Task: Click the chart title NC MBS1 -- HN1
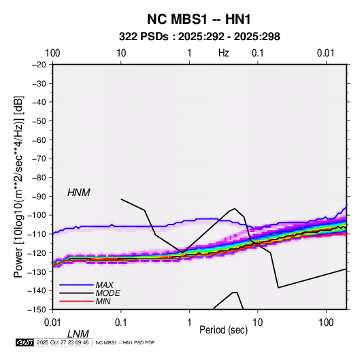click(199, 19)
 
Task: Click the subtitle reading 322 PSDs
click(144, 37)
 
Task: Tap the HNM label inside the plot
click(79, 193)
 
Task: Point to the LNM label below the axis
click(78, 334)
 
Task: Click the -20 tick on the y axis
click(39, 65)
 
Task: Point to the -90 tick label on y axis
click(39, 196)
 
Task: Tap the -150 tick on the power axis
click(37, 310)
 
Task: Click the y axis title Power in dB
click(18, 186)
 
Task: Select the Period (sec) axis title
click(224, 330)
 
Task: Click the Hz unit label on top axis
click(224, 53)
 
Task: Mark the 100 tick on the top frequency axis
click(52, 53)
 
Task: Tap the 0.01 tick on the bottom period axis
click(52, 323)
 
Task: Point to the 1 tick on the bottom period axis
click(189, 323)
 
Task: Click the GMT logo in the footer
click(24, 342)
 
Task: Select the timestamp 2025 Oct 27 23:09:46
click(63, 342)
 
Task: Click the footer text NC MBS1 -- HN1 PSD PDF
click(125, 342)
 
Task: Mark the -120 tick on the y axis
click(37, 252)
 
